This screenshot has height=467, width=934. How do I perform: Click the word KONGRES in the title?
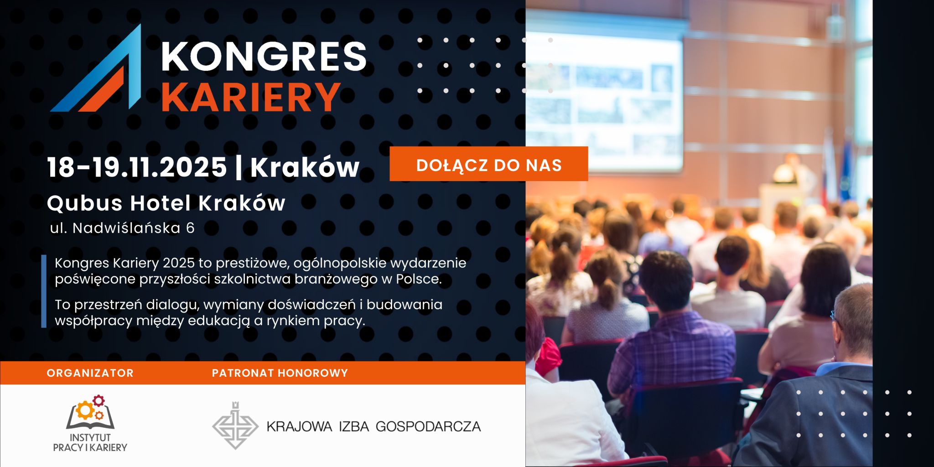[264, 56]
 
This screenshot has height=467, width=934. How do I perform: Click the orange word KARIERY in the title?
[251, 97]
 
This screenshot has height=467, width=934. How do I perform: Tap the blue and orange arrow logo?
[96, 67]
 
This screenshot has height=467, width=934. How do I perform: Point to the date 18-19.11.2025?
[137, 167]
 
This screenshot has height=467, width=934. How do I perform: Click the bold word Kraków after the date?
[305, 167]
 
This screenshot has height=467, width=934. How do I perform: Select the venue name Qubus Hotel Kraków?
[166, 203]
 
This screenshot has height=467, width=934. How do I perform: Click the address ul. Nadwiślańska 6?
[122, 228]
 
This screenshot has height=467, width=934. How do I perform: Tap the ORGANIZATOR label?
[90, 373]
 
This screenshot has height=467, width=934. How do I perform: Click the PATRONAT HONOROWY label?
[280, 373]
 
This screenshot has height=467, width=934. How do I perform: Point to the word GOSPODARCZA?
[428, 426]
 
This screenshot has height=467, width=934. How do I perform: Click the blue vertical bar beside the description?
[44, 291]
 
